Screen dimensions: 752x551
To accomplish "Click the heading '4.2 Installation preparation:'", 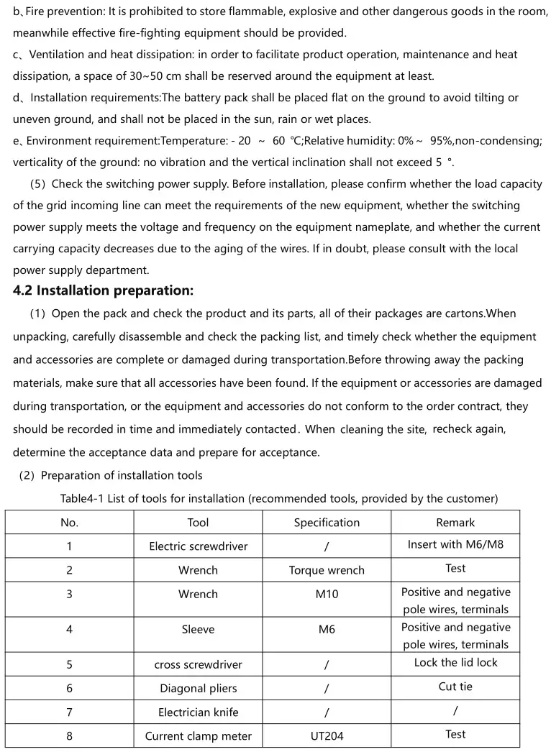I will pos(103,291).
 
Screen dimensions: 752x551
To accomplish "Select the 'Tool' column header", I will pos(198,523).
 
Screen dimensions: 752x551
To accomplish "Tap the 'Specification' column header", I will pos(327,523).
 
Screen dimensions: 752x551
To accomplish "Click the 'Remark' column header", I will pos(455,523).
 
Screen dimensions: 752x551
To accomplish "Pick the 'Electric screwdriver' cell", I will pos(198,546).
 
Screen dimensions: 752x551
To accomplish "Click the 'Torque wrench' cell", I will pos(327,570).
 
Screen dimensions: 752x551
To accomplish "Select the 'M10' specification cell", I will pos(327,595).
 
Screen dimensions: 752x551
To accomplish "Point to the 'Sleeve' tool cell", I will pos(198,630).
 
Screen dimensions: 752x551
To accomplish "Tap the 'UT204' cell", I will pos(327,736).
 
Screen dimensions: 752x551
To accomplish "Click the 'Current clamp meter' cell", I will pos(198,736).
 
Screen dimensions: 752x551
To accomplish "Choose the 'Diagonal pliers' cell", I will pos(198,689).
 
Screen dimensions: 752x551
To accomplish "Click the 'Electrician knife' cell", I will pos(198,712).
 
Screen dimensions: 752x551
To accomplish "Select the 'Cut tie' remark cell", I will pos(455,687).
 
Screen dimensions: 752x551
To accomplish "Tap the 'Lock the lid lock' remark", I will pos(455,663).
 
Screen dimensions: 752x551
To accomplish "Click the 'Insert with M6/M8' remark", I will pos(455,544).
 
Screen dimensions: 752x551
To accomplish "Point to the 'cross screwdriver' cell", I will pos(198,665).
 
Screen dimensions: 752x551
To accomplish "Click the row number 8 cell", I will pos(69,736).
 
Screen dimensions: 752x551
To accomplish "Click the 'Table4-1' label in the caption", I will pos(82,499).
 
